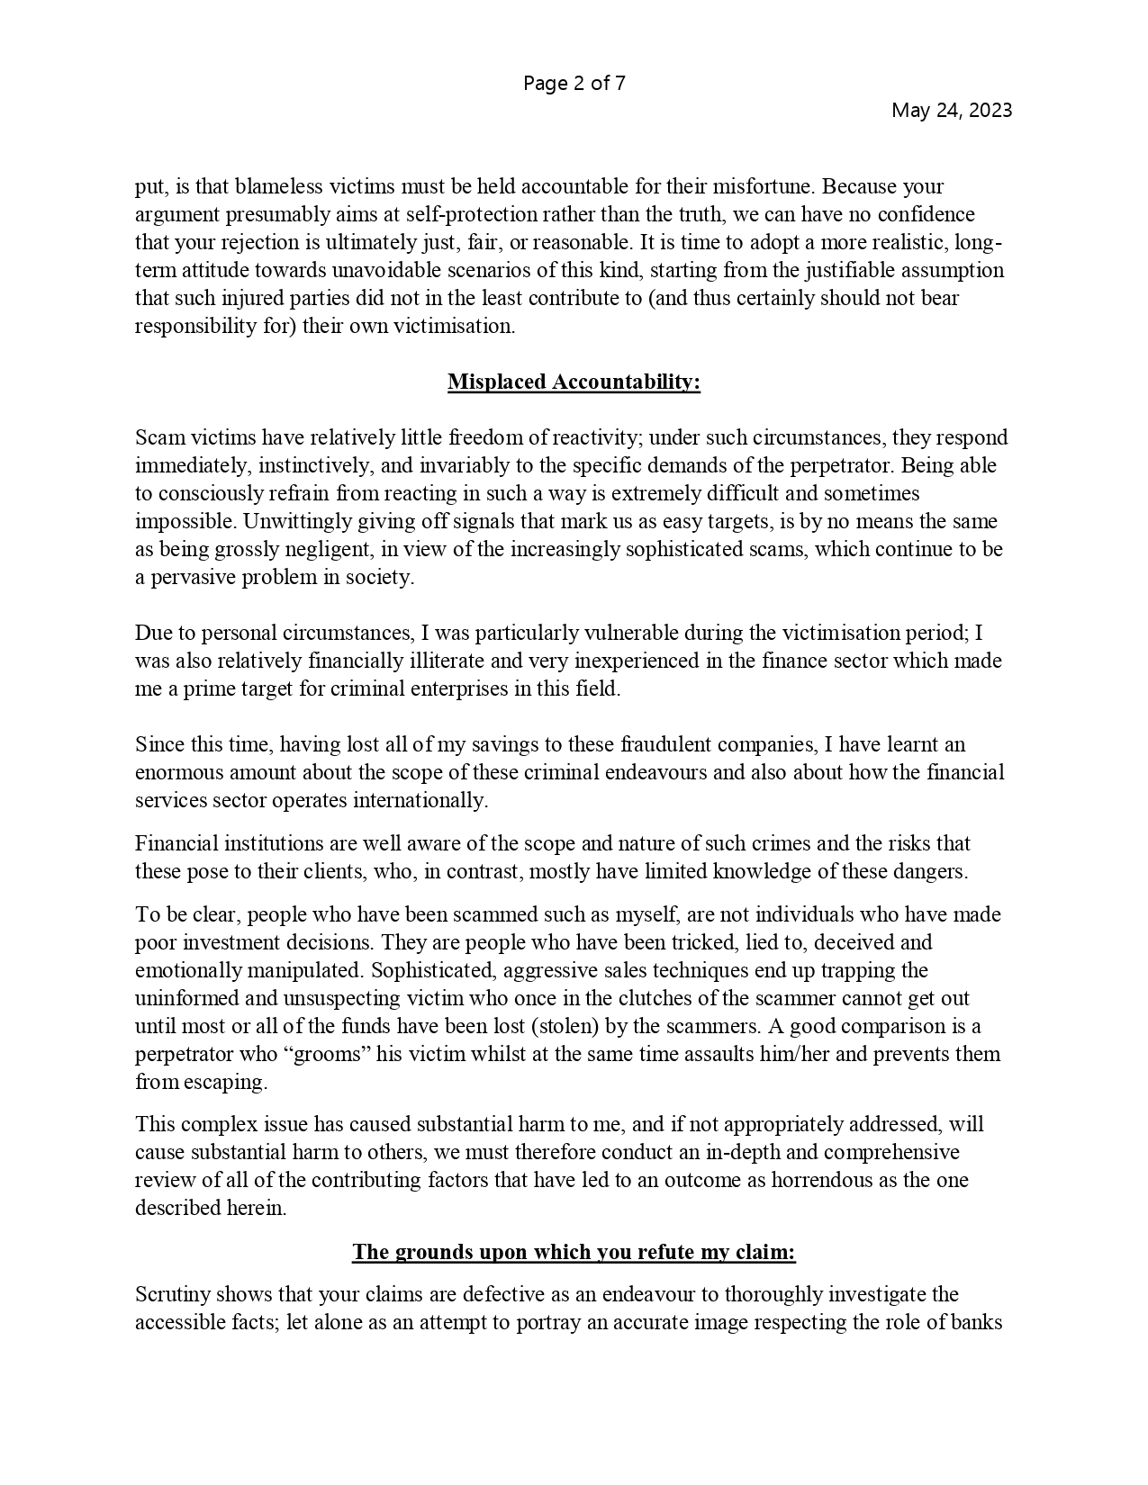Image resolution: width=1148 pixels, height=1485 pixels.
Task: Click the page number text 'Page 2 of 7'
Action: pos(574,84)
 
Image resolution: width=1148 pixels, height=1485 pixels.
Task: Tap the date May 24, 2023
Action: pos(951,110)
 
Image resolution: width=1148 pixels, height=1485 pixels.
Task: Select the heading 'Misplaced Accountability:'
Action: pos(574,382)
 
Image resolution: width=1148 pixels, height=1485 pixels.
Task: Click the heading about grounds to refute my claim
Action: pos(574,1252)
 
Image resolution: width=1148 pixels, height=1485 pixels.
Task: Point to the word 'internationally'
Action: pos(420,800)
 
